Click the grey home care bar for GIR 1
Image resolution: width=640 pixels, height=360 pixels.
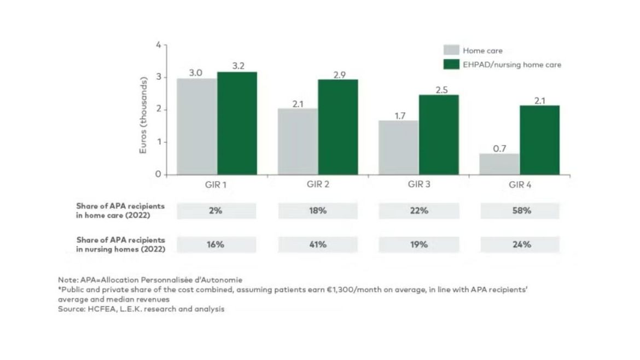[197, 126]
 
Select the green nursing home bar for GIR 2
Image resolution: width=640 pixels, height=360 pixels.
[338, 127]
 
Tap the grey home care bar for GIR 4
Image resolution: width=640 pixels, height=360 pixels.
[500, 164]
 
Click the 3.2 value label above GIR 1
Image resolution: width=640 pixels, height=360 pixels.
[238, 66]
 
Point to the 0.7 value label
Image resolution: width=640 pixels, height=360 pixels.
[500, 148]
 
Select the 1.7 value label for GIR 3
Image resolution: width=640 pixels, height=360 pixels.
[399, 115]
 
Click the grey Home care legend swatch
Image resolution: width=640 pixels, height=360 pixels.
[451, 51]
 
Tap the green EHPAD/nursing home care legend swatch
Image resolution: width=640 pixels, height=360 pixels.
[451, 65]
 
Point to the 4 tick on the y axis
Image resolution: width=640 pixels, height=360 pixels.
[158, 45]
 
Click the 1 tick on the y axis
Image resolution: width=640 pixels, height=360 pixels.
[158, 142]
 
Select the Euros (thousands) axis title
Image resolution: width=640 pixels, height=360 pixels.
[143, 115]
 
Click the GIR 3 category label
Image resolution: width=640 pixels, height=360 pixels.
[419, 184]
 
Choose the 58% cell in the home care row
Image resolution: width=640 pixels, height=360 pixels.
[520, 211]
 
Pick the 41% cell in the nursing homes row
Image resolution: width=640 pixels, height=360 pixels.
[318, 245]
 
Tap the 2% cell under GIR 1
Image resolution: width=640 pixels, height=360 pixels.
[216, 211]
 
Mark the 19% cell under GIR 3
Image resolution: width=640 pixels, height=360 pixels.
[419, 245]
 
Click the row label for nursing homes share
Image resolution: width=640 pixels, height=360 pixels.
[120, 245]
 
